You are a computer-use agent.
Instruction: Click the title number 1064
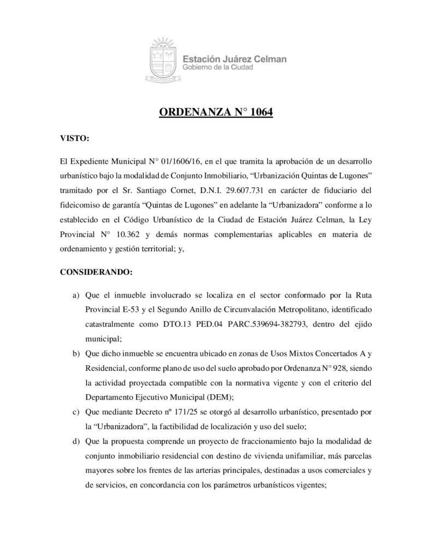(x=257, y=114)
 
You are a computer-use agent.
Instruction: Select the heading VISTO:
(x=74, y=139)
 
